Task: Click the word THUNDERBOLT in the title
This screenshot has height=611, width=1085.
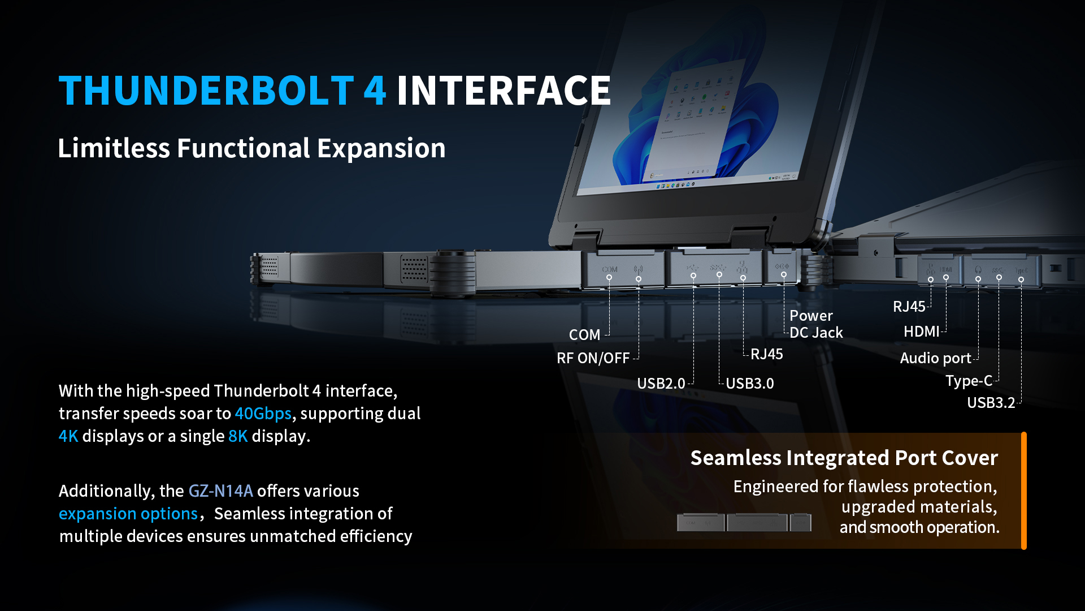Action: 206,91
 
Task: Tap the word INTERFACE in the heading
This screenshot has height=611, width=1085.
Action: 504,91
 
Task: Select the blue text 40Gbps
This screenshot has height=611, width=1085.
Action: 263,414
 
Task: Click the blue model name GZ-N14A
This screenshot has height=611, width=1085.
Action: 220,490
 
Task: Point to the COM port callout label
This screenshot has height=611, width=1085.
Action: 584,335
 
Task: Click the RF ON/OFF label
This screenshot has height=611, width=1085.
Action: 593,358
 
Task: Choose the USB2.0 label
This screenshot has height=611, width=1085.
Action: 661,384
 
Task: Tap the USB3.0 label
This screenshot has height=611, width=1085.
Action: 749,384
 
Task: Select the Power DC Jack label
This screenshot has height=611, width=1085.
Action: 816,324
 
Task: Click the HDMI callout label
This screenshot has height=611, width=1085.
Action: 921,332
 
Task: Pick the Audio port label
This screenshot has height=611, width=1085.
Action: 935,358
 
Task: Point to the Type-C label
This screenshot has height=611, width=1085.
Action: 969,381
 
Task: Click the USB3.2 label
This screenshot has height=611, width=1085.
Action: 991,403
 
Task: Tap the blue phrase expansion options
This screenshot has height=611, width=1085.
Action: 128,514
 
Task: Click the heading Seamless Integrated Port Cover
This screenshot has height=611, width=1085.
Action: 844,458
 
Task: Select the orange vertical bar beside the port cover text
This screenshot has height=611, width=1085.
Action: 1023,490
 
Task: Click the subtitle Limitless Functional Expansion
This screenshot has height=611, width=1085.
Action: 251,148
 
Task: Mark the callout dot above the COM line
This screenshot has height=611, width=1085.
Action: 609,277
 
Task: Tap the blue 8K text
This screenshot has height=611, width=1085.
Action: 238,436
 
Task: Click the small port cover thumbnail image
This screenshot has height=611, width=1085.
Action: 744,522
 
